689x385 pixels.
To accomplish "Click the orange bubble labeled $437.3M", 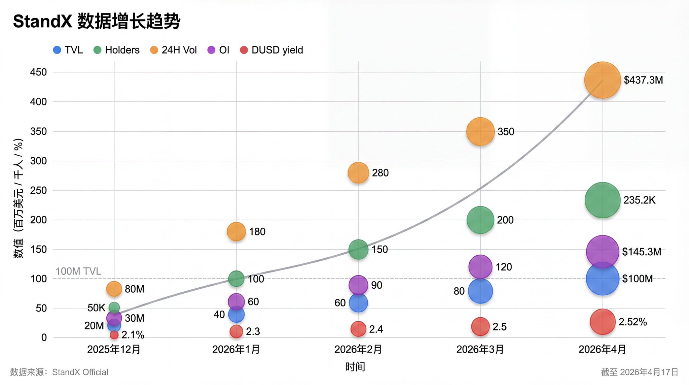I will click(x=602, y=80).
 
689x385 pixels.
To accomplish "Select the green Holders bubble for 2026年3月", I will click(x=480, y=220).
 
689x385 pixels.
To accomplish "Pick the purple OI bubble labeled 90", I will click(x=358, y=285).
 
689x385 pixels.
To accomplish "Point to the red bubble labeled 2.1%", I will click(x=114, y=335).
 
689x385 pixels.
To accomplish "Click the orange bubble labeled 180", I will click(x=236, y=231).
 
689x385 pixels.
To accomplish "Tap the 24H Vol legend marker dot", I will click(x=154, y=50).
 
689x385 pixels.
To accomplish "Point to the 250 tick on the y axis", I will click(x=38, y=190).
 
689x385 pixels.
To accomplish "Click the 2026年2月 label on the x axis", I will click(x=358, y=349).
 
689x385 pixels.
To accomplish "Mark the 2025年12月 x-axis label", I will click(x=114, y=349).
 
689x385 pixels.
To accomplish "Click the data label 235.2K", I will click(x=639, y=200).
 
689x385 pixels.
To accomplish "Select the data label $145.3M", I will click(x=642, y=252).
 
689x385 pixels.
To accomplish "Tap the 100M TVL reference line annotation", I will click(x=78, y=271).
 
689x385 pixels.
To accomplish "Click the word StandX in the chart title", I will click(x=42, y=21).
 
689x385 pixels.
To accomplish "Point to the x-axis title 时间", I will click(x=355, y=366).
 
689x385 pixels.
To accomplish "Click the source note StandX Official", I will click(x=80, y=372).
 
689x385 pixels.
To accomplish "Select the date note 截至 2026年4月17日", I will click(x=639, y=372).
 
